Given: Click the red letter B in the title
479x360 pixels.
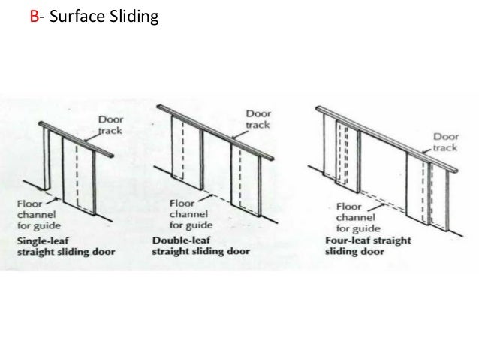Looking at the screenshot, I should pyautogui.click(x=32, y=16).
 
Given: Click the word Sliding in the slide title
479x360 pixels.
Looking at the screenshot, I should pyautogui.click(x=132, y=17).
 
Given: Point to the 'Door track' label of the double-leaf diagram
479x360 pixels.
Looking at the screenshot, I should pyautogui.click(x=258, y=119).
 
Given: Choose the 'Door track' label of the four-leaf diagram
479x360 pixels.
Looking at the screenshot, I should pyautogui.click(x=444, y=141).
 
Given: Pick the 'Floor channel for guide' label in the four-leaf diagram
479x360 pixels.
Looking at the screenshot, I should pyautogui.click(x=353, y=218).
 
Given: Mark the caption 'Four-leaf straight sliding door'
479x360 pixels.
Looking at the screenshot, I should pyautogui.click(x=367, y=246).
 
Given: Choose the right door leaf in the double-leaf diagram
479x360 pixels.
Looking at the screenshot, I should pyautogui.click(x=246, y=176).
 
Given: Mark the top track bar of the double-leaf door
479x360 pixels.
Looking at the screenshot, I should pyautogui.click(x=214, y=131).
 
